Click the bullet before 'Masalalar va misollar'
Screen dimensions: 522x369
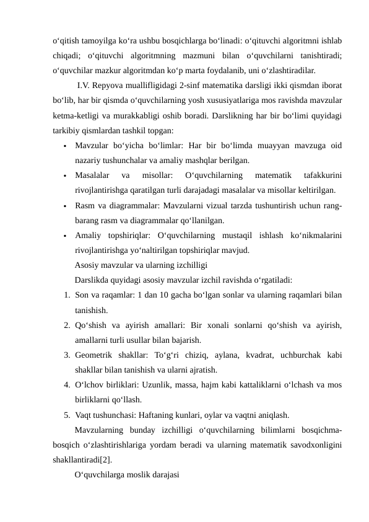[x=64, y=175]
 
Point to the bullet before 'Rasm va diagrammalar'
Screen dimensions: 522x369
[x=64, y=205]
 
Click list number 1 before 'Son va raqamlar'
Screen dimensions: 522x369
[x=66, y=294]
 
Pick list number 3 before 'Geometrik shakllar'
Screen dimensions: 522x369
[x=66, y=355]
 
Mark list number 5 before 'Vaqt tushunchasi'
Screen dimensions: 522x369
[x=66, y=414]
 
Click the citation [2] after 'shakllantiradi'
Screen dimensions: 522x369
[x=107, y=459]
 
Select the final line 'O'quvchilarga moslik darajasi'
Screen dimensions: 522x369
[x=126, y=474]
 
